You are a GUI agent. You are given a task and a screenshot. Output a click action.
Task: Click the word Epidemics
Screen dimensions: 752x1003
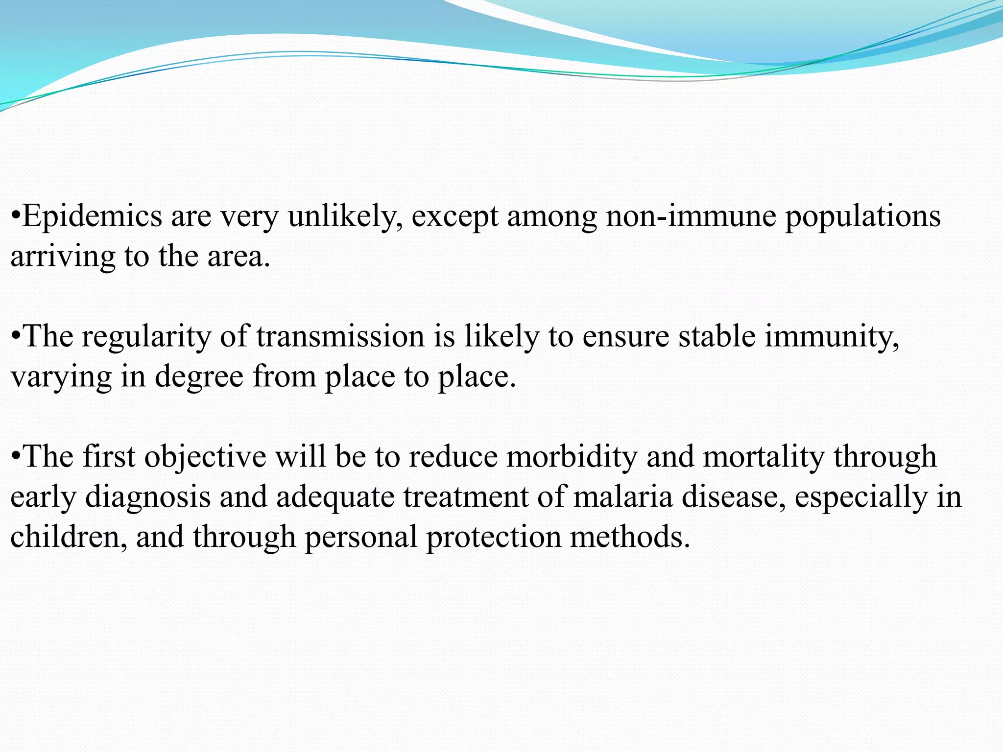pos(92,216)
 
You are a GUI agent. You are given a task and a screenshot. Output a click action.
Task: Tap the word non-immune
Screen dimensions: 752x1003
pos(691,216)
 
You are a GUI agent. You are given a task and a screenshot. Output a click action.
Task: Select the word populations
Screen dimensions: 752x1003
pos(863,216)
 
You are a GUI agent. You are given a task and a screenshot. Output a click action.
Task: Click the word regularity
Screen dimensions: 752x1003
pos(146,337)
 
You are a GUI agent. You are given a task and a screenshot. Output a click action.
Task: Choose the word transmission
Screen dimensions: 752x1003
pos(340,336)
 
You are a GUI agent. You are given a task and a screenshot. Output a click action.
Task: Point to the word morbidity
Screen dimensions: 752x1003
pos(572,456)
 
